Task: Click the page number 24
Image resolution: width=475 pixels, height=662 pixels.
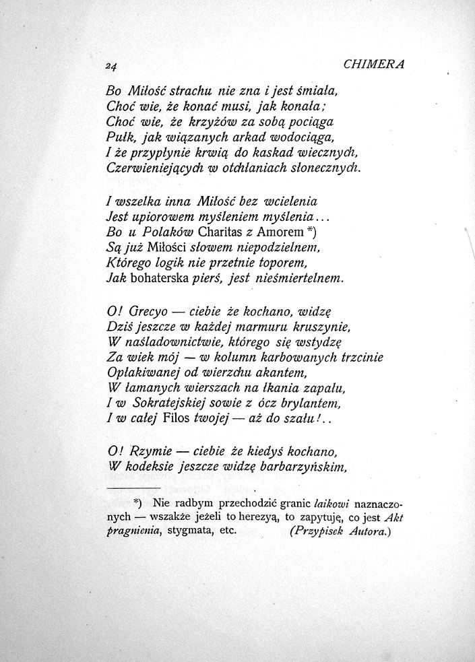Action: coord(111,66)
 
